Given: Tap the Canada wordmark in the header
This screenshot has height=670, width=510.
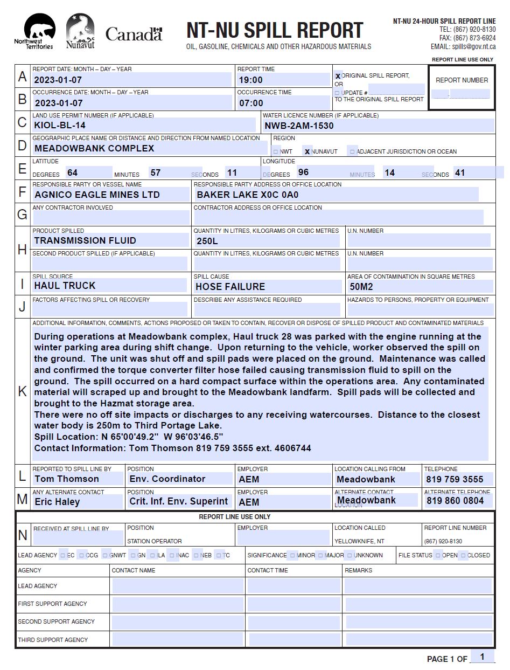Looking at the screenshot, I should coord(134,34).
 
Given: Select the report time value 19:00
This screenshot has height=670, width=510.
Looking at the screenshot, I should coord(250,80).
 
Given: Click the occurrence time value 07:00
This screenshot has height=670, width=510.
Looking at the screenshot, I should coord(250,103).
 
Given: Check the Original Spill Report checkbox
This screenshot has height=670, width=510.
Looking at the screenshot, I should coord(338,76).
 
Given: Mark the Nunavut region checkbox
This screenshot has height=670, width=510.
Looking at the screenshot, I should coord(307,151).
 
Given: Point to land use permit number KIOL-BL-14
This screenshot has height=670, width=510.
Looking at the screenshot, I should coord(60,126).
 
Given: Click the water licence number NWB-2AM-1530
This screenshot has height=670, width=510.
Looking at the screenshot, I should coord(299,126).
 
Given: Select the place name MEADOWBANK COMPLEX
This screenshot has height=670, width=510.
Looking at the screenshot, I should coord(94,148).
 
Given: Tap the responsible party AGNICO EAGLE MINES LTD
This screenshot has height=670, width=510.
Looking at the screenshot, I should coord(97,195).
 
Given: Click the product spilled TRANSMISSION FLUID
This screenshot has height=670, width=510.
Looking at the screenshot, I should coord(85,240).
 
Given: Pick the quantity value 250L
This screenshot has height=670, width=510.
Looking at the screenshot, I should coord(207,241).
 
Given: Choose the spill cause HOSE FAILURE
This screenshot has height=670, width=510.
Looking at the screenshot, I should coord(230,286).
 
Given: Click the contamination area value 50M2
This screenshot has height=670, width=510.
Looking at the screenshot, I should coord(361,286).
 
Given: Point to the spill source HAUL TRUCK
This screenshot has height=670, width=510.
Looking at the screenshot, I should coord(65,286).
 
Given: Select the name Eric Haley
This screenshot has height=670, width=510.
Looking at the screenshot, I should coord(57,501).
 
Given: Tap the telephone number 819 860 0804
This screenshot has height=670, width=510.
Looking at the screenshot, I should coord(455,501).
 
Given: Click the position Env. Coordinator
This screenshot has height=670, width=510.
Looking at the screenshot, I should coord(167,479).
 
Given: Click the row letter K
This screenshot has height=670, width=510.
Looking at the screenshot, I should coord(22,391).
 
